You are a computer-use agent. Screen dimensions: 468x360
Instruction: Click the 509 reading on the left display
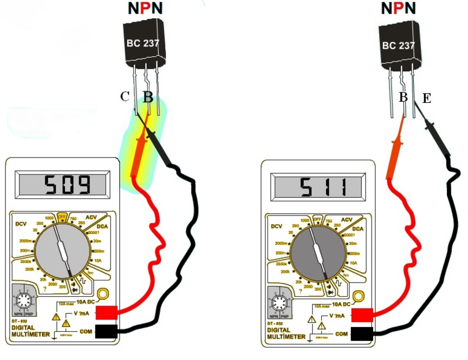pos(66,186)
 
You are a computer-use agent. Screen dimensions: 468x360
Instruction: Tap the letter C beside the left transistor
pos(125,97)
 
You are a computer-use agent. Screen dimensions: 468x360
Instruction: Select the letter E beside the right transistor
pos(427,98)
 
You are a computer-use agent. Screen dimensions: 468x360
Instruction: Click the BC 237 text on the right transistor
pos(399,45)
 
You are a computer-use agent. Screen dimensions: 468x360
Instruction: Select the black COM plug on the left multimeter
pos(107,331)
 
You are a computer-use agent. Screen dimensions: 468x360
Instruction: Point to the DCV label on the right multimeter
pos(276,226)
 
